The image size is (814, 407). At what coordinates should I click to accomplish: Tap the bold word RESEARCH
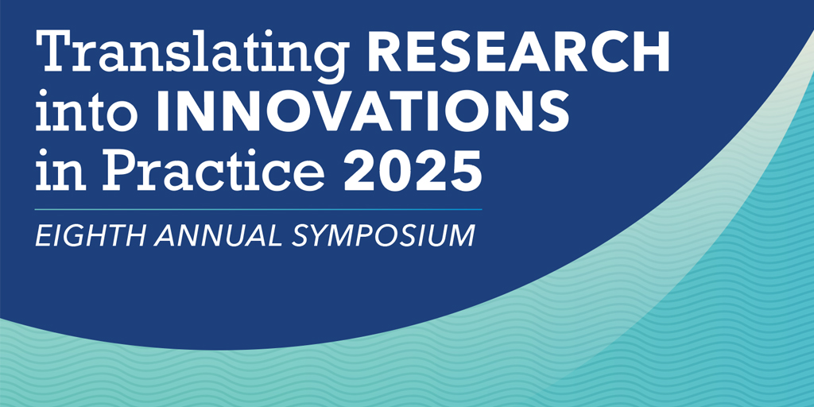(518, 52)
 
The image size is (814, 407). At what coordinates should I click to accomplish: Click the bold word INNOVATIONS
(362, 111)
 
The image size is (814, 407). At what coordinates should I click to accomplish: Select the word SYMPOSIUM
(384, 235)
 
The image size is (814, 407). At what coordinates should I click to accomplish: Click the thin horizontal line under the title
(258, 209)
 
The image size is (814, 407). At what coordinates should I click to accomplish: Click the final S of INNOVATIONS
(553, 111)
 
